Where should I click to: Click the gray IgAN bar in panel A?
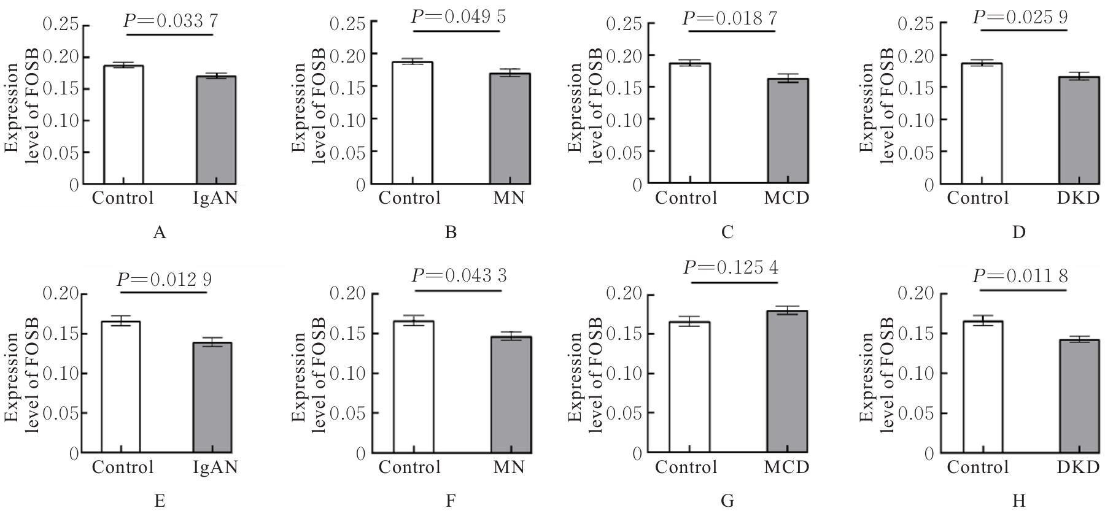pos(216,130)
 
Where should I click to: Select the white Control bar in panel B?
pos(413,123)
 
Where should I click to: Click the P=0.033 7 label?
pos(170,20)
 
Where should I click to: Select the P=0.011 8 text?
pos(1020,276)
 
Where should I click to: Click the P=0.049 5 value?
pos(459,17)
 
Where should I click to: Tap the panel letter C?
pos(727,233)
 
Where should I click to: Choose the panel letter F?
pos(451,501)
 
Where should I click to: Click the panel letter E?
pos(160,501)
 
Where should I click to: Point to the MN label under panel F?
pos(509,467)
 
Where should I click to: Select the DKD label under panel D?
pos(1078,198)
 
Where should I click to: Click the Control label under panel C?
pos(686,198)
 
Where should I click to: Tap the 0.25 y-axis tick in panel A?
pos(61,25)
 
